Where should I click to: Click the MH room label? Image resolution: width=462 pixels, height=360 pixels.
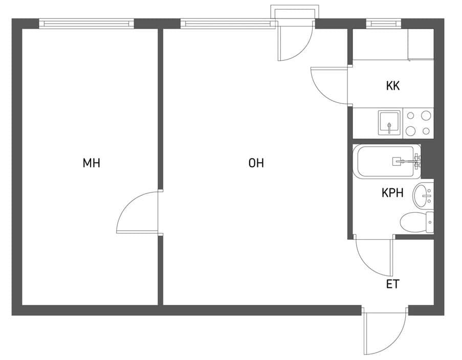coord(92,163)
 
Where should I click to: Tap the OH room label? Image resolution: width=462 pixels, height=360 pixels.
coord(256,163)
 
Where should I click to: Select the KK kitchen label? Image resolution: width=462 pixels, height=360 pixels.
coord(393,86)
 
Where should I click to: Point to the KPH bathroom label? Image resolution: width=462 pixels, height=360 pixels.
coord(392,193)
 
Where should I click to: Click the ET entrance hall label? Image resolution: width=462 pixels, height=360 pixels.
coord(393,284)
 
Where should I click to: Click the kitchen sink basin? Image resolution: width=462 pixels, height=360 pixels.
coord(389,123)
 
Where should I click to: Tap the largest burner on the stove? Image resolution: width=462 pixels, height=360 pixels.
coord(426,116)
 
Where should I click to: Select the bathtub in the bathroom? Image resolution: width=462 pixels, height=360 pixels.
coord(387,162)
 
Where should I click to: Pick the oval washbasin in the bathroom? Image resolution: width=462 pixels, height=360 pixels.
coord(423,195)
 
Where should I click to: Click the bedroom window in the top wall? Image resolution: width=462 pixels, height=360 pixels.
coord(86,24)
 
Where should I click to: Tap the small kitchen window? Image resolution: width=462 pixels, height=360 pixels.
coord(384,24)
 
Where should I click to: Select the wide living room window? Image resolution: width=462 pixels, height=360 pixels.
coord(228,24)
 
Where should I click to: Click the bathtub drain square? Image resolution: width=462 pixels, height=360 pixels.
coord(397,162)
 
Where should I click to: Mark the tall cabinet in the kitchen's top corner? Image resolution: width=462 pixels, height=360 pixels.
coord(421,44)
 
